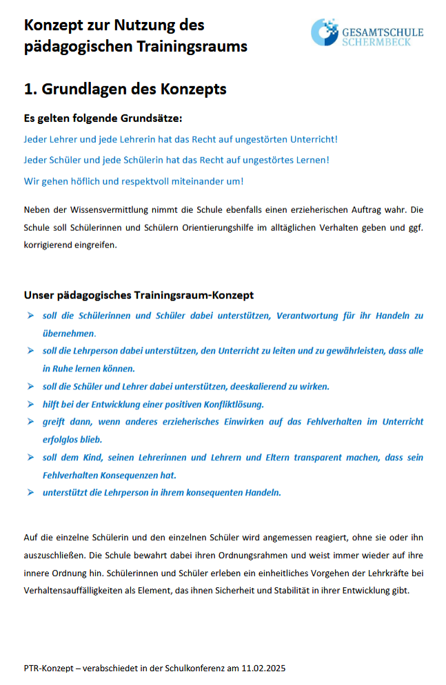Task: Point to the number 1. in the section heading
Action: point(30,89)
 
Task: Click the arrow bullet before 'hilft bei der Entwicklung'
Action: point(30,404)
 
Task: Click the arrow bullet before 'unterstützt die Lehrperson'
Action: point(30,492)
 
